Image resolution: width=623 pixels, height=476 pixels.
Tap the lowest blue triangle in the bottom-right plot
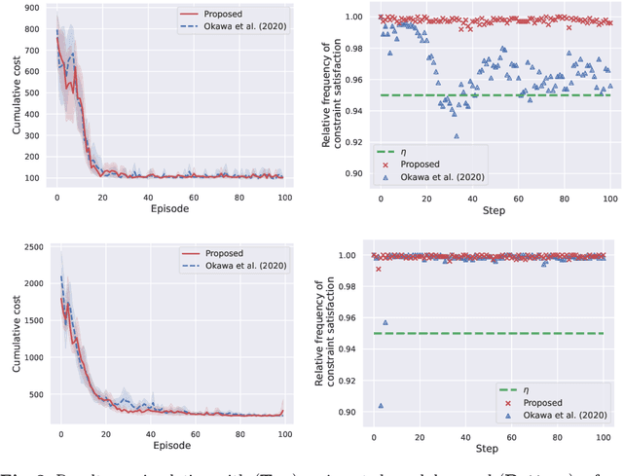click(381, 406)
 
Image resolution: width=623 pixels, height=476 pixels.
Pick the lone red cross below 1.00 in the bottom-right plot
click(379, 269)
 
